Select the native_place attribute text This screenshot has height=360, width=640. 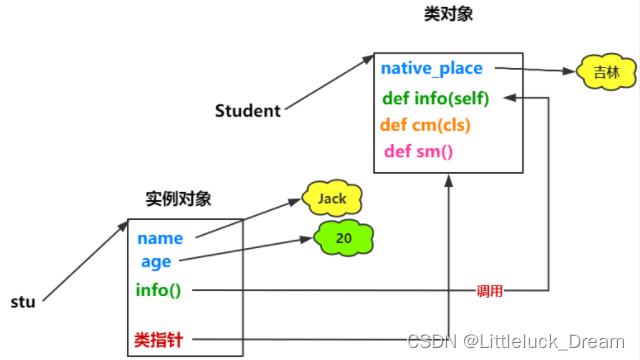[x=431, y=69]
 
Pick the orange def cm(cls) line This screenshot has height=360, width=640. [x=425, y=126]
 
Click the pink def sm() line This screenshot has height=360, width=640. [x=419, y=152]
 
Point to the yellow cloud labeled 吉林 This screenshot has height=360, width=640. [x=600, y=73]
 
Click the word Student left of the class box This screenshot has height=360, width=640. [x=248, y=111]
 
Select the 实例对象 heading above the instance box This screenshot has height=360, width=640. [x=178, y=199]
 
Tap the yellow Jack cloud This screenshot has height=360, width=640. [x=331, y=199]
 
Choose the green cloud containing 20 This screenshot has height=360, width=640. [x=344, y=239]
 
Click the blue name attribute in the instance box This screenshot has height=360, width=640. [x=160, y=239]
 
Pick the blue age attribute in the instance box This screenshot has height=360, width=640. [x=156, y=262]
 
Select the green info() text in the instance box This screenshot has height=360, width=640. [x=159, y=291]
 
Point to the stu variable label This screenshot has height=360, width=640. [x=24, y=301]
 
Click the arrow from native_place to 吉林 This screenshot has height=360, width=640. [x=535, y=71]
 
